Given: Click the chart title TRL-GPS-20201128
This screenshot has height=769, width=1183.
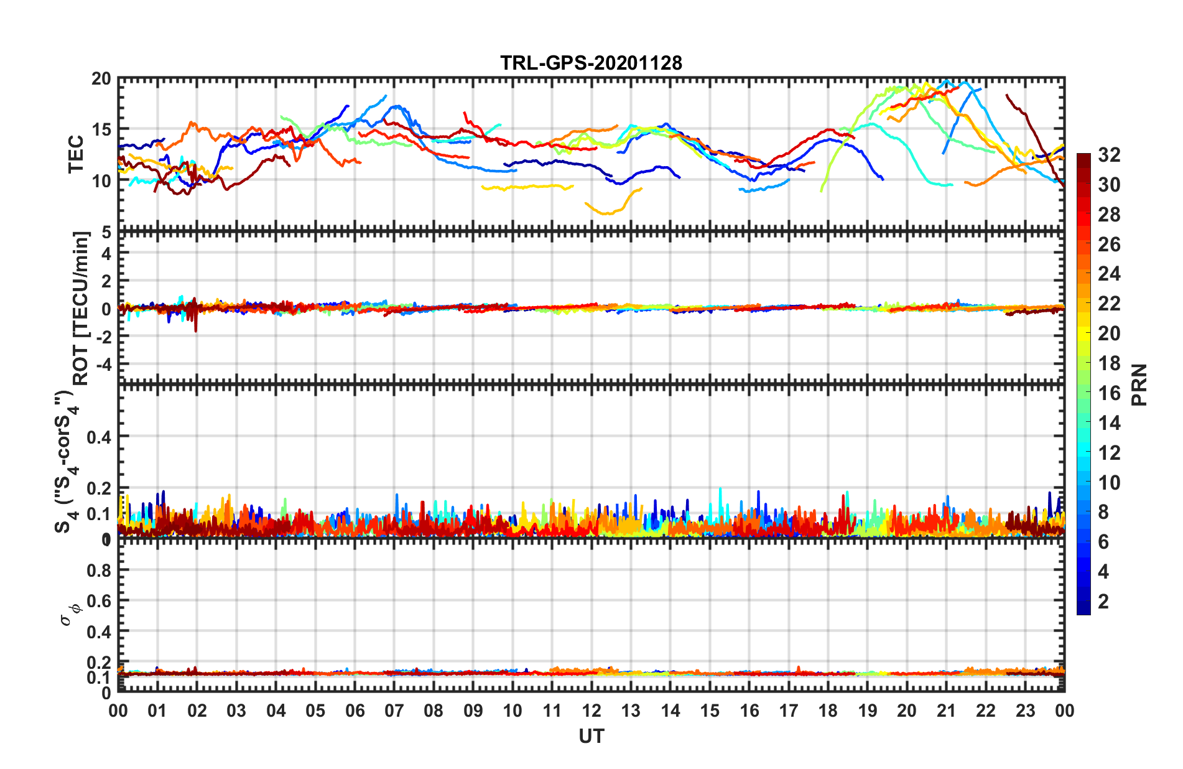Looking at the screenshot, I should [591, 63].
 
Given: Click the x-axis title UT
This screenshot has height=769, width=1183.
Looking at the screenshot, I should [591, 737].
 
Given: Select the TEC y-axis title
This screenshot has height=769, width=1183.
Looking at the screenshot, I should [76, 154].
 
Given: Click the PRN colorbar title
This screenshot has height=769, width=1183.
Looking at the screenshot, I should [1139, 385].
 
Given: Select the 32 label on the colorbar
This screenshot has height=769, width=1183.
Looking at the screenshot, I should [1109, 156].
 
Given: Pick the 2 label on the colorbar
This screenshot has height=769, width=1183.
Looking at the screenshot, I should [1104, 602].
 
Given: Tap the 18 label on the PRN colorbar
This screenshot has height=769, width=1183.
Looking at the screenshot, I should [1109, 363].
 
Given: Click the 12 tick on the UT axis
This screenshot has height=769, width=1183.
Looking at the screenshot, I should [591, 711].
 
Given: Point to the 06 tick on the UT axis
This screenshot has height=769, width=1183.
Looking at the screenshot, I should [355, 711].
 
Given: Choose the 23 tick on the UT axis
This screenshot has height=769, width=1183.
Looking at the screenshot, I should [1025, 711].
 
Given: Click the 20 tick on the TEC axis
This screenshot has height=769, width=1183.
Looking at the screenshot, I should [101, 79].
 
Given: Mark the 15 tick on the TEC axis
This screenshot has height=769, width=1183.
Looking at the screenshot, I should [101, 130].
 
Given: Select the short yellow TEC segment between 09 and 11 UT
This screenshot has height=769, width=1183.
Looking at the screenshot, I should [527, 187].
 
